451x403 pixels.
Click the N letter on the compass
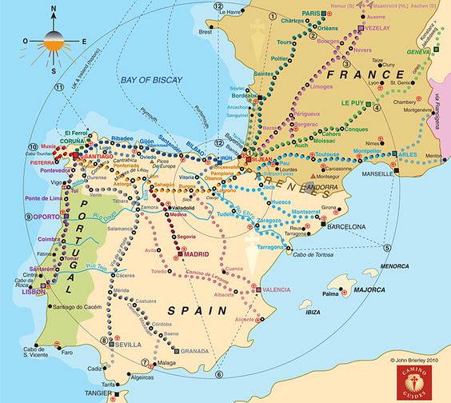click(54, 11)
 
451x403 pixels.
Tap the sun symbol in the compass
click(53, 40)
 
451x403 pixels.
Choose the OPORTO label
click(47, 216)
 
